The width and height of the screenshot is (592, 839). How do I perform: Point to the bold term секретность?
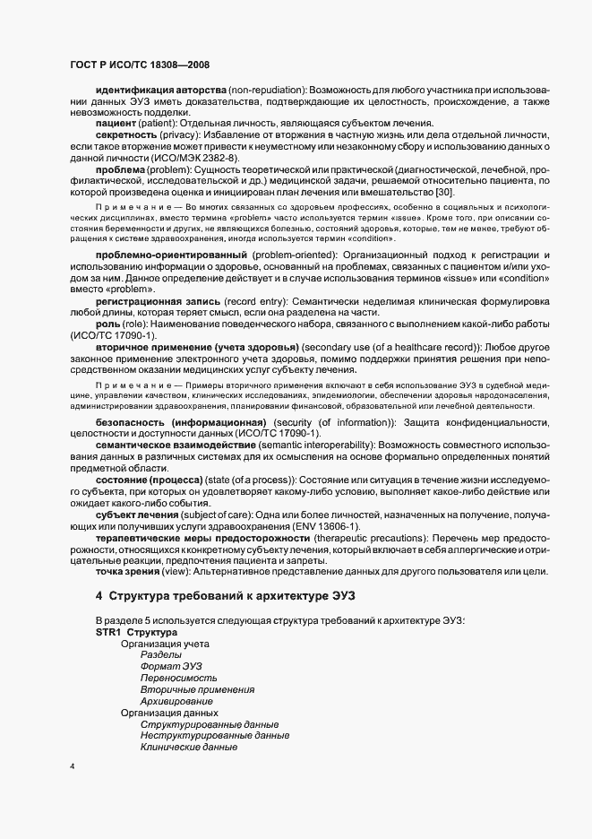point(126,134)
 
